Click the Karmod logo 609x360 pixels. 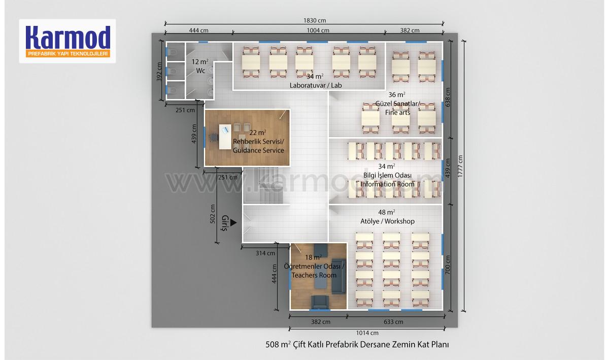pos(67,41)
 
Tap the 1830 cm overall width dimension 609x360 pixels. pos(315,20)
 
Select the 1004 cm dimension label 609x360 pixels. pos(318,30)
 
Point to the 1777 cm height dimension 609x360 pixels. pos(460,166)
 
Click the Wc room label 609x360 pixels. pos(200,71)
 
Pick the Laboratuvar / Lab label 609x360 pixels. pos(316,85)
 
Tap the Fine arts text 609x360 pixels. pos(397,112)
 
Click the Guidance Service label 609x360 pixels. pos(258,150)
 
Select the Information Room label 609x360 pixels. pos(387,184)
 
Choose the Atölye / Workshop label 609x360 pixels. pos(387,221)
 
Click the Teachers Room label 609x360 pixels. pos(314,275)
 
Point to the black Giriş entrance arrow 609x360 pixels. pos(233,223)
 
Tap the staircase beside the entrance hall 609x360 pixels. pos(263,185)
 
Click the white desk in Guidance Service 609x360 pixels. pos(225,137)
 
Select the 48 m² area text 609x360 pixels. pos(386,212)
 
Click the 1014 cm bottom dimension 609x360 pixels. pos(367,333)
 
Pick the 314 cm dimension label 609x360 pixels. pos(265,253)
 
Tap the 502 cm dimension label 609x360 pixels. pos(213,214)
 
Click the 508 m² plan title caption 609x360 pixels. pos(357,344)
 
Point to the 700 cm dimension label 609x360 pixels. pos(448,265)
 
